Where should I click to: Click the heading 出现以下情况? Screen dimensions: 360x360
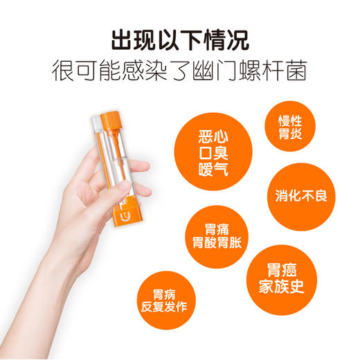point(180,39)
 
